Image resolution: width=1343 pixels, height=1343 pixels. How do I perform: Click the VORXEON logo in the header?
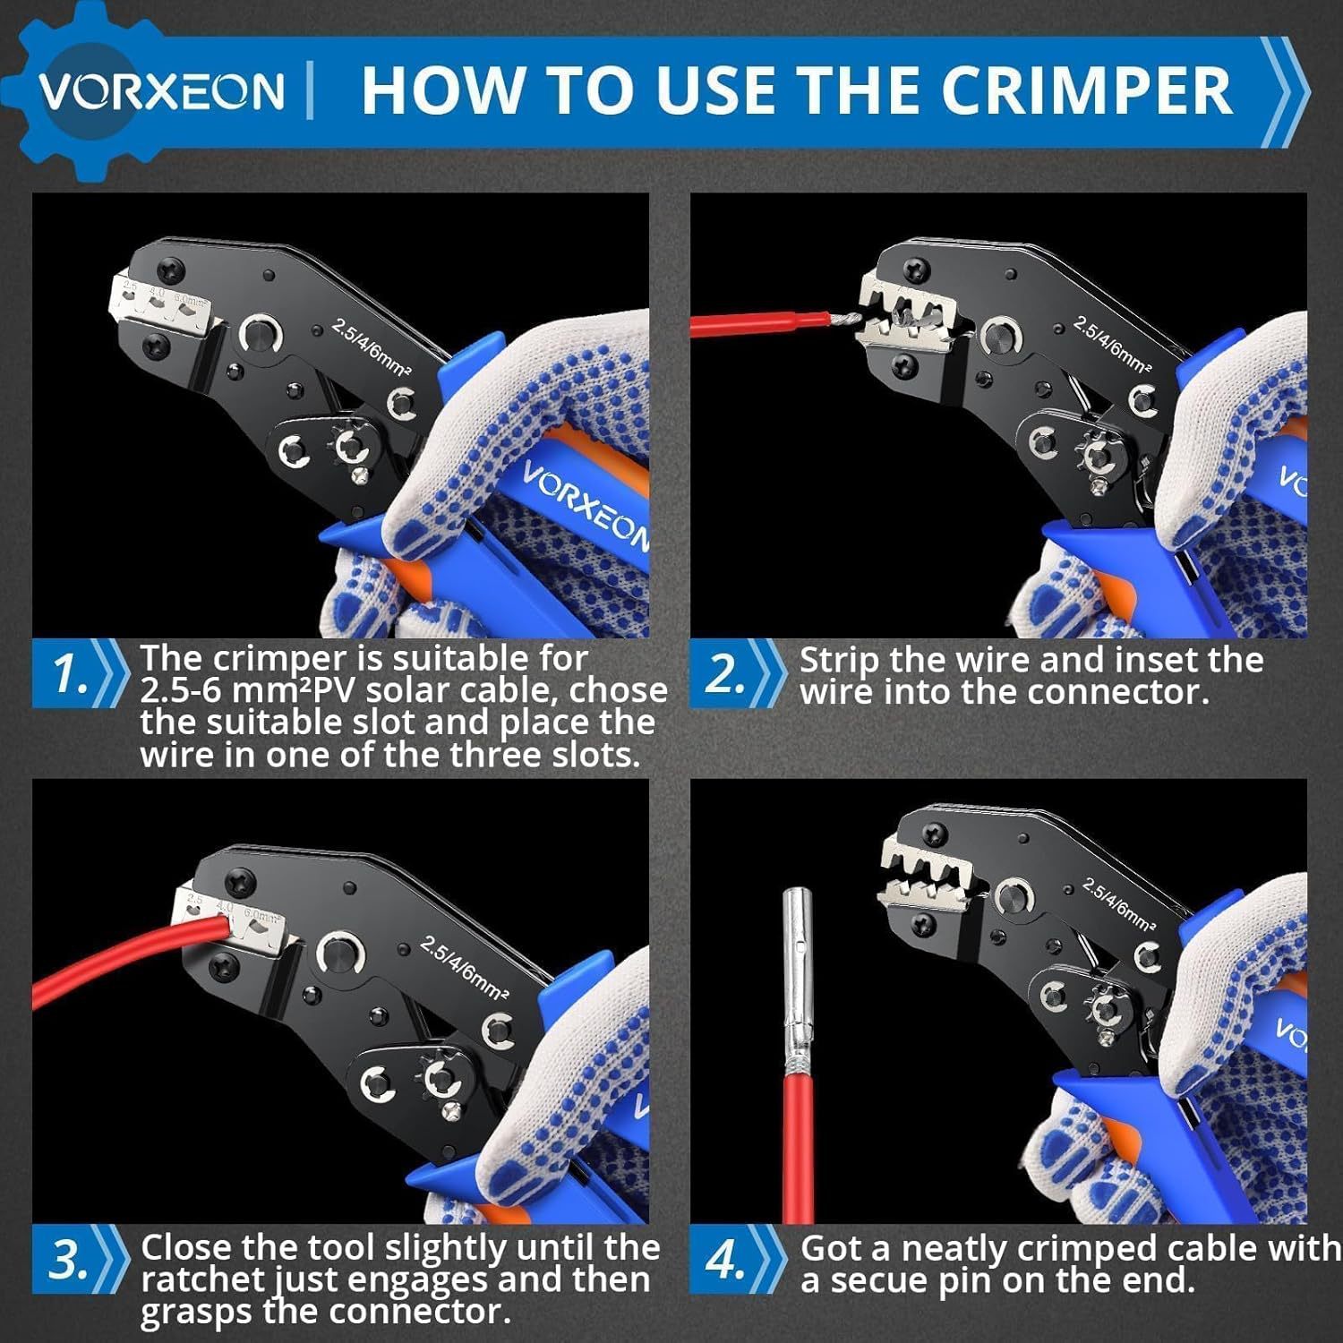coord(161,90)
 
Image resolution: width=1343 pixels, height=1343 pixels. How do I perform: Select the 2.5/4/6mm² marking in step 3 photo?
coord(466,969)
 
